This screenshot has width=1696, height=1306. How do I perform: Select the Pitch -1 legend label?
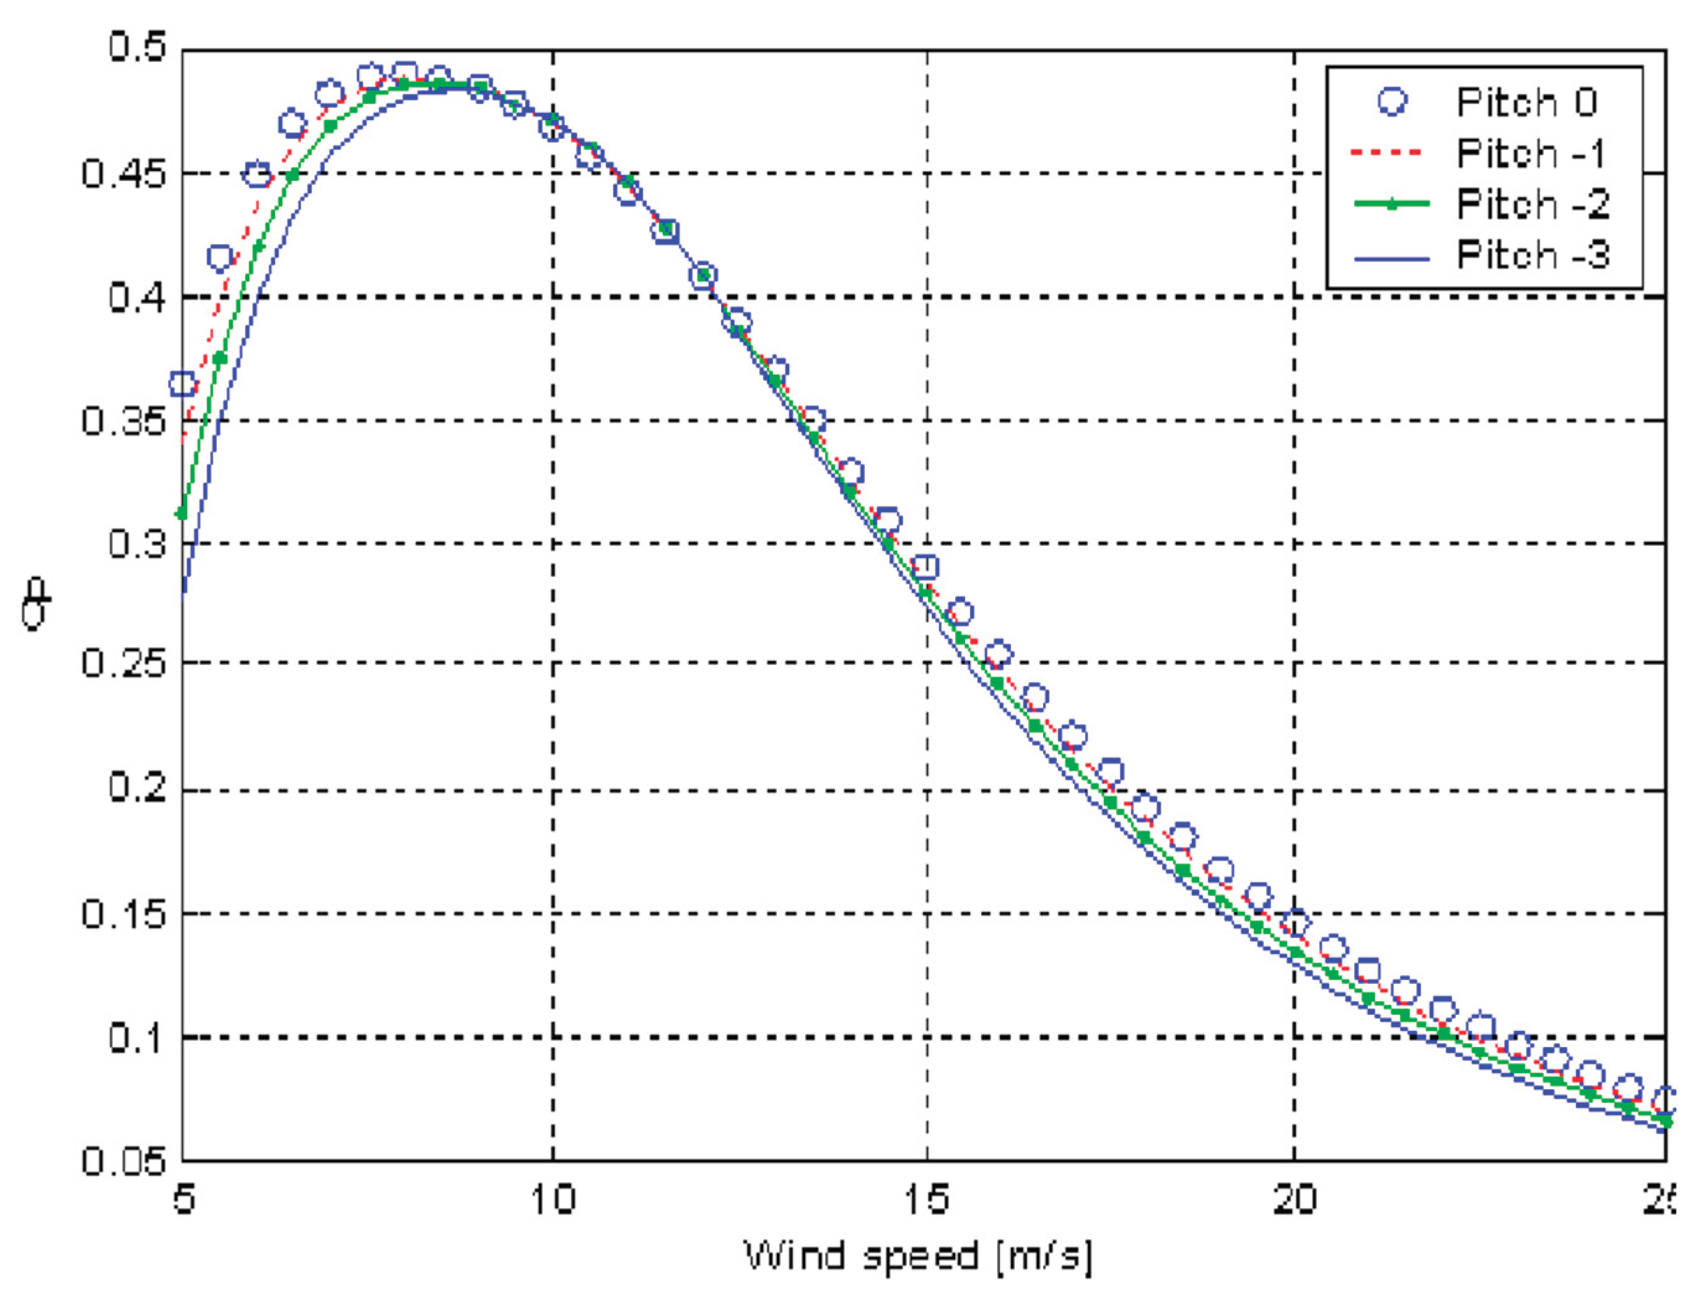coord(1531,153)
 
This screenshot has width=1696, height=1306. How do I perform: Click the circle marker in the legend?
coord(1392,102)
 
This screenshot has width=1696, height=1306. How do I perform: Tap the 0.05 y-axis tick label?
coord(125,1160)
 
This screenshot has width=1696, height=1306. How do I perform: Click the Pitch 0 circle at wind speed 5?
coord(183,383)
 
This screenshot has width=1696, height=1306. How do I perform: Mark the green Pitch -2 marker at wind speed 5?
coord(183,513)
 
